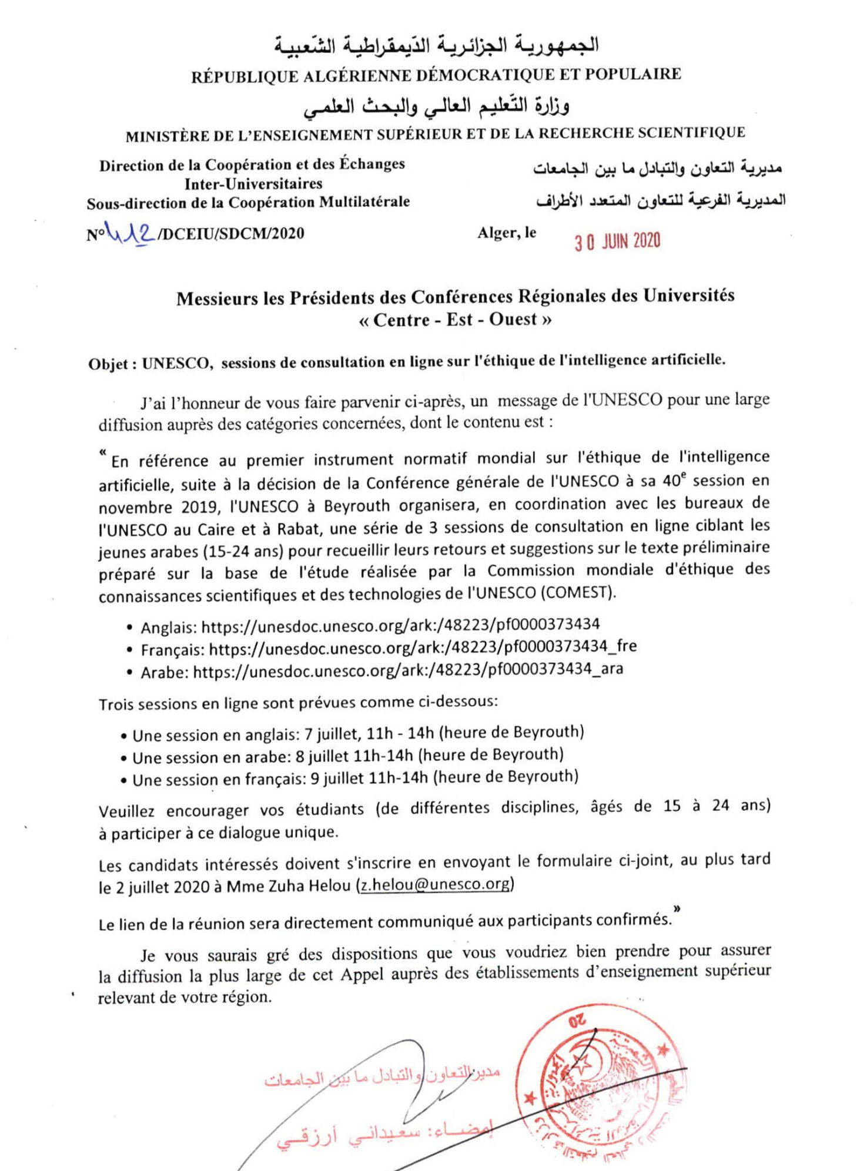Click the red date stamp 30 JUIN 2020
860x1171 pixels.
(x=617, y=241)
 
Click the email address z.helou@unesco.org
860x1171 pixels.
(x=435, y=884)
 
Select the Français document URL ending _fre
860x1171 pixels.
(x=423, y=647)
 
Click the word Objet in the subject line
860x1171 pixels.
(x=109, y=364)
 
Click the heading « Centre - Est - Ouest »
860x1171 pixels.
(x=455, y=320)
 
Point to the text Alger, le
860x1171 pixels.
(x=507, y=233)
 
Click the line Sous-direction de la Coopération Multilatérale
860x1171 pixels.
(x=248, y=203)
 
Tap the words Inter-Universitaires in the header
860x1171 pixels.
(x=253, y=184)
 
